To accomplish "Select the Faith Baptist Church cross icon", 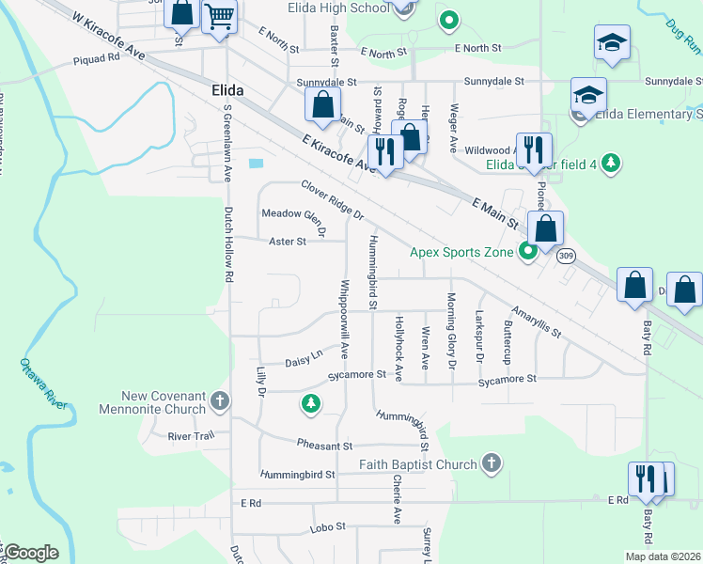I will pos(490,462).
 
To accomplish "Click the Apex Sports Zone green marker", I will pos(528,252).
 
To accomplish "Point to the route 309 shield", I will pos(564,257).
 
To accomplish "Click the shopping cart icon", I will pos(219,17).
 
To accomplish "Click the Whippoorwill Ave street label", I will pos(345,318).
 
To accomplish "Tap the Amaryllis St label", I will pos(536,321).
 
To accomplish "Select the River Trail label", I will pos(192,436).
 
